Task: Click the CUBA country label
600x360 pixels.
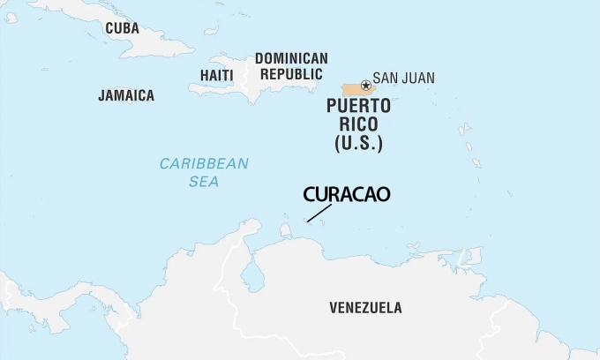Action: point(122,28)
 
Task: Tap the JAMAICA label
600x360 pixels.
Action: point(126,95)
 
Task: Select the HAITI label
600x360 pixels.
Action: point(216,75)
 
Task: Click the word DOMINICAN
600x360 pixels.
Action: point(291,58)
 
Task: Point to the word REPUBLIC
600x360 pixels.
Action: point(291,75)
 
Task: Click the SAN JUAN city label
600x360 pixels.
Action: point(403,78)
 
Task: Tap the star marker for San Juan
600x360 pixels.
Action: point(366,85)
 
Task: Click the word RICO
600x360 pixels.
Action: point(358,124)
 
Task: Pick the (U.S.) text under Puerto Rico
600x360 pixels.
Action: point(358,142)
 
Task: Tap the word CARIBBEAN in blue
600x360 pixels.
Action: point(204,163)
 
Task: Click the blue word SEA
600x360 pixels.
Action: point(204,182)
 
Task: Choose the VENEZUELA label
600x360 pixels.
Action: point(365,308)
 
